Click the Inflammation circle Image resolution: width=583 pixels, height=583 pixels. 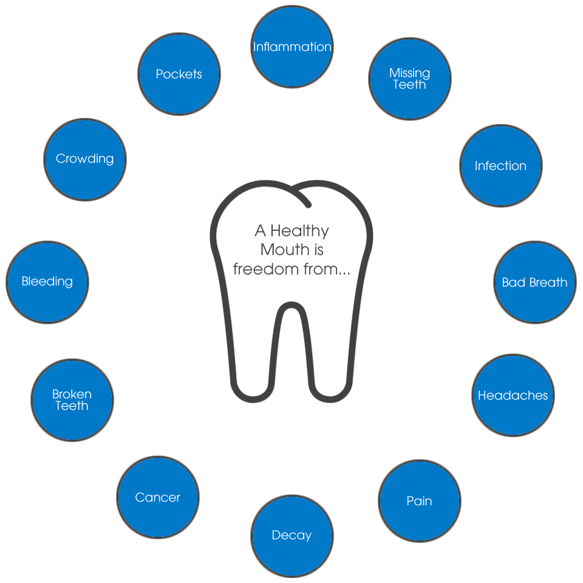click(x=292, y=47)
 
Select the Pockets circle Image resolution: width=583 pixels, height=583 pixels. click(x=179, y=74)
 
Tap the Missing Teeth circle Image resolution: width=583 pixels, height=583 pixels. click(x=410, y=79)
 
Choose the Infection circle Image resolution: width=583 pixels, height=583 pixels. click(x=500, y=166)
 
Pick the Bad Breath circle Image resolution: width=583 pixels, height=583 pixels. click(x=534, y=282)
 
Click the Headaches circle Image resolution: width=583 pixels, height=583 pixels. click(x=513, y=395)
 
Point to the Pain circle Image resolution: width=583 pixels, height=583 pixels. click(x=419, y=501)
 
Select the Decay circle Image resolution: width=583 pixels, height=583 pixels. click(x=291, y=535)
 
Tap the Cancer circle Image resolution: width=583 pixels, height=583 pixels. click(x=157, y=497)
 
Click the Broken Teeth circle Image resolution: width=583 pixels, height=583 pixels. click(x=72, y=400)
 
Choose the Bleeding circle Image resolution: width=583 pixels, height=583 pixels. click(x=47, y=281)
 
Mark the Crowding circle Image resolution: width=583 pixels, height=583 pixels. click(x=84, y=159)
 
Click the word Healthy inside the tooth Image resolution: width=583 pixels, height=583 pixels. click(x=299, y=231)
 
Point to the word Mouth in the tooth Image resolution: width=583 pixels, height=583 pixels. click(x=292, y=250)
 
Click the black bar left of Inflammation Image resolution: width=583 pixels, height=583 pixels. click(x=246, y=47)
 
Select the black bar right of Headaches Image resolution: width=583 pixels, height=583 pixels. click(x=556, y=395)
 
